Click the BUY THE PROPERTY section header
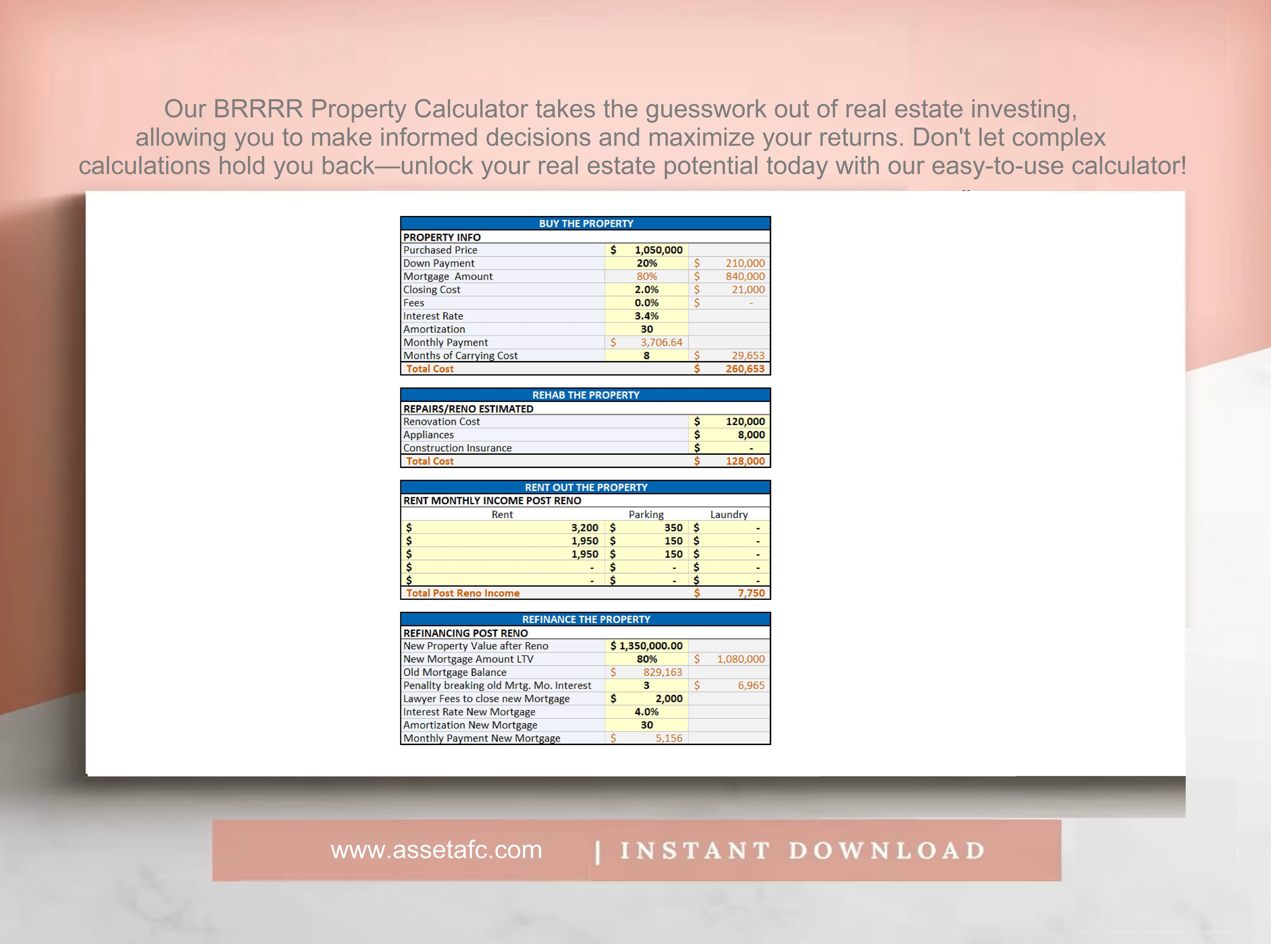pos(586,223)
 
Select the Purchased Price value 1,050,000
pos(658,250)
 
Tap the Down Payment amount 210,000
pos(745,263)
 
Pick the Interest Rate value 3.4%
pos(646,316)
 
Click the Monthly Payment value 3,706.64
pos(661,342)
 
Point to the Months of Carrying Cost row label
pos(460,355)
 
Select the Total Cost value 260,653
pos(745,369)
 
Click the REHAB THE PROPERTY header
pos(586,395)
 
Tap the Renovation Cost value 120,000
pos(745,421)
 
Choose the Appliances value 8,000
pos(751,434)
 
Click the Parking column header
pos(646,514)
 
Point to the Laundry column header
pos(729,514)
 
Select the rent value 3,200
pos(585,527)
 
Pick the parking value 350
pos(673,527)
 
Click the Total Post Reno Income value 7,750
pos(751,593)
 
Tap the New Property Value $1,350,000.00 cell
pos(646,646)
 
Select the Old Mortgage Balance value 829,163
pos(662,672)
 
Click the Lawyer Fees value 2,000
pos(669,698)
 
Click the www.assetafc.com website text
pos(436,850)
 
